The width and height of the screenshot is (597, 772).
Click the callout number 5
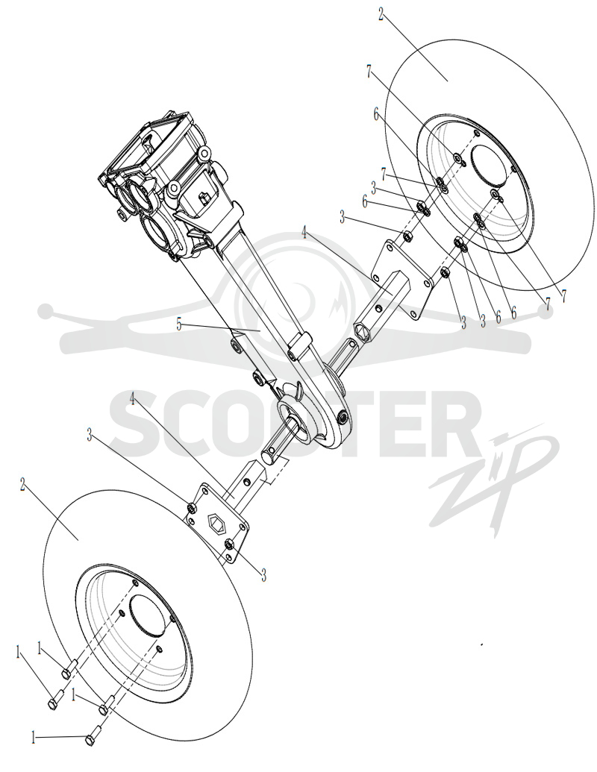pyautogui.click(x=179, y=325)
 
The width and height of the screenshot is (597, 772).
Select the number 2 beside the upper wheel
pyautogui.click(x=381, y=15)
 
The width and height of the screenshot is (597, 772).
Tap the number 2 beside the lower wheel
pyautogui.click(x=22, y=484)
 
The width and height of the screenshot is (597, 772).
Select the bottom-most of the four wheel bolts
pyautogui.click(x=93, y=736)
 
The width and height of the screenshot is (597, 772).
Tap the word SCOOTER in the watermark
pyautogui.click(x=290, y=424)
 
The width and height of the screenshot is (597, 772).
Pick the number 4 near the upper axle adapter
pyautogui.click(x=305, y=233)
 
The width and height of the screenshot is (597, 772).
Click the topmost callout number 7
pyautogui.click(x=369, y=72)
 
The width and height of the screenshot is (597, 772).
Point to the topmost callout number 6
pyautogui.click(x=377, y=115)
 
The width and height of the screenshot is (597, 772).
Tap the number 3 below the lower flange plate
pyautogui.click(x=264, y=574)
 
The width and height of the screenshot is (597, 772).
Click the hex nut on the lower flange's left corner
pyautogui.click(x=193, y=507)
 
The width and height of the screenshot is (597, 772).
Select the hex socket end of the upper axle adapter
pyautogui.click(x=363, y=331)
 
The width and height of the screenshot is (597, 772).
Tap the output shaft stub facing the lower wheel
pyautogui.click(x=277, y=441)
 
